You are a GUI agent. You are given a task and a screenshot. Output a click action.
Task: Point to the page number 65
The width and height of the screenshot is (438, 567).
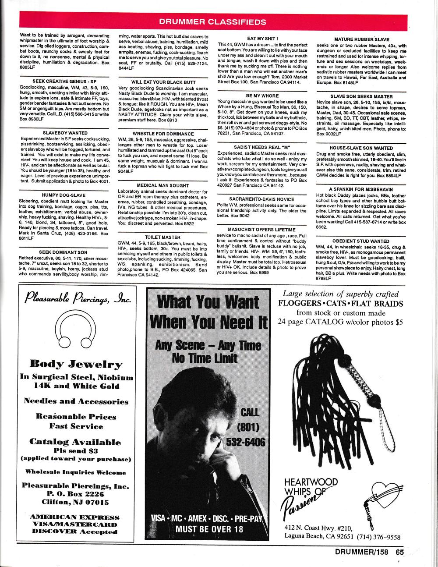coord(399,553)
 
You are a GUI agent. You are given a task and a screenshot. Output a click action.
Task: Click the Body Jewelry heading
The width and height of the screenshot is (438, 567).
coord(76,364)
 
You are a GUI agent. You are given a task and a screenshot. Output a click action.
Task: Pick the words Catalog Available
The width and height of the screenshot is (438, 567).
coord(75,442)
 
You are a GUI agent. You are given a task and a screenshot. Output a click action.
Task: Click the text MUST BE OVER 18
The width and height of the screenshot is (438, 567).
coord(209,528)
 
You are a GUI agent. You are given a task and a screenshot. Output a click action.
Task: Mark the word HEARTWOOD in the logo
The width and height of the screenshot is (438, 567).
coord(311,482)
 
